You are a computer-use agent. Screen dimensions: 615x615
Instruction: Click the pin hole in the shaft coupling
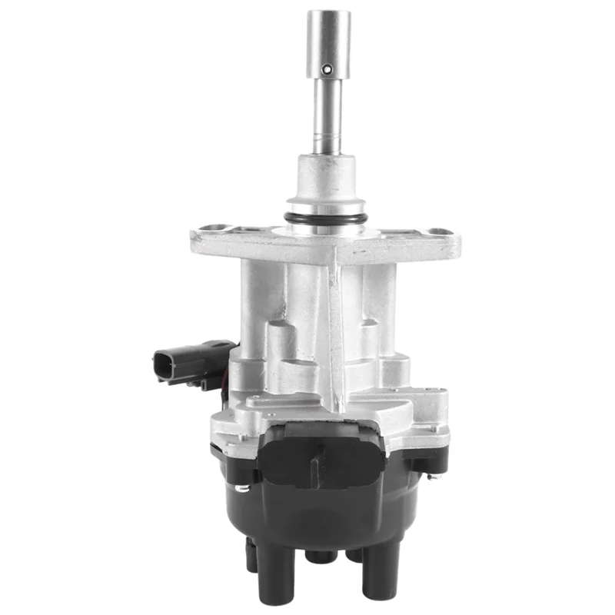point(328,68)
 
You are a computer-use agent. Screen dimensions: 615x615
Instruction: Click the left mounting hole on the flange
point(214,229)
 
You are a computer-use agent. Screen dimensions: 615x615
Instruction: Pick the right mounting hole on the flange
point(439,231)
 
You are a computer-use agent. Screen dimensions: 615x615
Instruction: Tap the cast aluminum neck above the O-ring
point(327,181)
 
